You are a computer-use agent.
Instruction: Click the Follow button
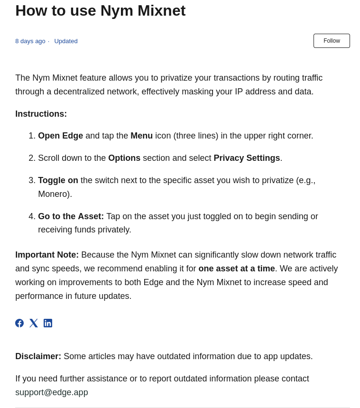click(x=332, y=41)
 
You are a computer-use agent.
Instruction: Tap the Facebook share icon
click(x=19, y=323)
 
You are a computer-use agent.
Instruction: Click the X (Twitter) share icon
click(x=34, y=323)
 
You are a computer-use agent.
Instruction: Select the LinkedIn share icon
click(x=48, y=323)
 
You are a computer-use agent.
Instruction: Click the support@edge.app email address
click(x=52, y=392)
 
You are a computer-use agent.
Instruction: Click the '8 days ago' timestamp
click(x=30, y=41)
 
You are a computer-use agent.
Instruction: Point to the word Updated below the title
click(x=66, y=41)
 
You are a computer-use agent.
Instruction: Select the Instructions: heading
click(x=41, y=114)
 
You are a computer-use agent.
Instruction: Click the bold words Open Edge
click(x=60, y=136)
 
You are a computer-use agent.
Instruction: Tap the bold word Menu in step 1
click(x=141, y=136)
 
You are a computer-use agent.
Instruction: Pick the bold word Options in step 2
click(x=124, y=158)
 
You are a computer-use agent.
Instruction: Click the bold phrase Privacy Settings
click(x=247, y=158)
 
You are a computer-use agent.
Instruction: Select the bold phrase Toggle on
click(x=58, y=180)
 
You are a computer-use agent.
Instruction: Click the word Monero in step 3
click(x=54, y=194)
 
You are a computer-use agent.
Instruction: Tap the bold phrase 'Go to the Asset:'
click(x=71, y=216)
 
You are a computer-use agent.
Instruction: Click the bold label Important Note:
click(x=47, y=255)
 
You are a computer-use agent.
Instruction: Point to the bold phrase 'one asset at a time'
click(x=237, y=269)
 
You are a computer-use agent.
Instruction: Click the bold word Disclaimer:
click(x=38, y=356)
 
